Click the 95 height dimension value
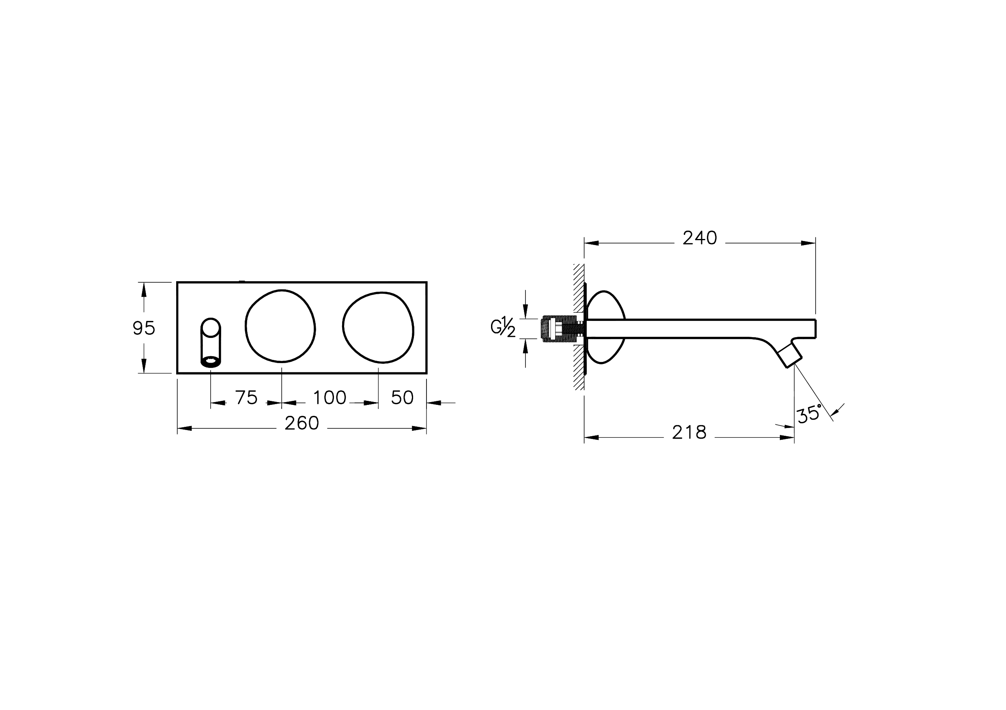coord(144,328)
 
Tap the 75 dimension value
coord(246,398)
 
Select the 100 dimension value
coord(330,398)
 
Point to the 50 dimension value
coord(402,398)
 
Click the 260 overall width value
coord(302,423)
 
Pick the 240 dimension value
coord(700,238)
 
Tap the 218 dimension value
coord(689,433)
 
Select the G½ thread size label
coord(503,328)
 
